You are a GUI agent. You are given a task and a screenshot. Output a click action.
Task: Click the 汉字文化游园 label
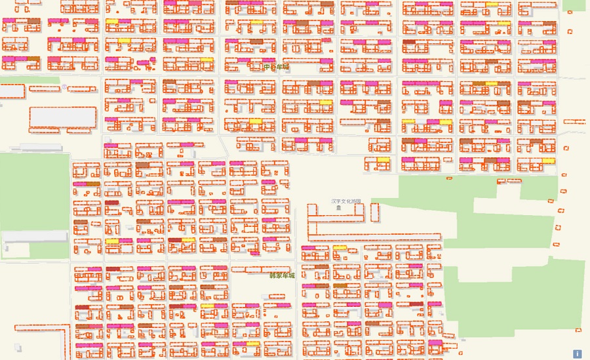click(345, 201)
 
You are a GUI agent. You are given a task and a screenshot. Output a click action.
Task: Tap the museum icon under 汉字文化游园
click(339, 207)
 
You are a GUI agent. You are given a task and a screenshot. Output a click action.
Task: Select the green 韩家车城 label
click(282, 275)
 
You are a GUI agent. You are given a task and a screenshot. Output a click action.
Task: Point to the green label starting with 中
click(276, 67)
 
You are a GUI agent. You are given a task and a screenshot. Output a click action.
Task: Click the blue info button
click(577, 353)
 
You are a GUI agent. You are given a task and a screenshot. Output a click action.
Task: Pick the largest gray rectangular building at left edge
click(63, 117)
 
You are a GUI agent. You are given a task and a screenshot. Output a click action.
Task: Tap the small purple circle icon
click(64, 86)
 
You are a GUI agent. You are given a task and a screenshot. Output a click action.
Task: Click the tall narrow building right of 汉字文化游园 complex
click(374, 212)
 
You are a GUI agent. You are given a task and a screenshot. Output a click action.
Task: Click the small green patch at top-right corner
click(574, 5)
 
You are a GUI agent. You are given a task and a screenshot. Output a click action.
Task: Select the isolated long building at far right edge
click(574, 121)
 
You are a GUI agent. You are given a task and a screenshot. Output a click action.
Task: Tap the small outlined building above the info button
click(578, 329)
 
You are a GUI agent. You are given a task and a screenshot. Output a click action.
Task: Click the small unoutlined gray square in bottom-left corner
click(18, 347)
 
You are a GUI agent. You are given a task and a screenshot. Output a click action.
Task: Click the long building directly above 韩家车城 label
click(262, 269)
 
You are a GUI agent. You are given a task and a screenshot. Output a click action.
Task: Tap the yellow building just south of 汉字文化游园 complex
click(340, 248)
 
